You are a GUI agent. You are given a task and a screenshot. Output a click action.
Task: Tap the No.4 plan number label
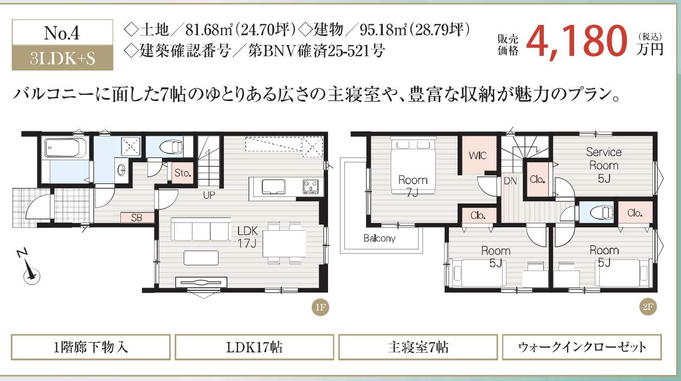(62, 34)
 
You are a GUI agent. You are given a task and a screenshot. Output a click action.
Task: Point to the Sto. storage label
(183, 173)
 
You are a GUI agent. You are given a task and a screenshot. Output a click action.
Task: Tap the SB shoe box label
(136, 217)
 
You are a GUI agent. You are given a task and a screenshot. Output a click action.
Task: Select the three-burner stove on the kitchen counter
(311, 186)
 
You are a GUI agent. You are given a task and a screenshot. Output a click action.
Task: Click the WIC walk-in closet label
(478, 156)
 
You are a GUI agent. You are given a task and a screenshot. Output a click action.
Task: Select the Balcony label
(380, 238)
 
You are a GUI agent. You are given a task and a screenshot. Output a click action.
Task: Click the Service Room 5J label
(603, 164)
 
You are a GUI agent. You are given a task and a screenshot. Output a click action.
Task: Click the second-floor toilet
(598, 213)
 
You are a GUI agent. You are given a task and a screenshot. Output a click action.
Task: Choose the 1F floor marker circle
(320, 308)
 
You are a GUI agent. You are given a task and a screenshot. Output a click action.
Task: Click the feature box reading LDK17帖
(254, 347)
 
